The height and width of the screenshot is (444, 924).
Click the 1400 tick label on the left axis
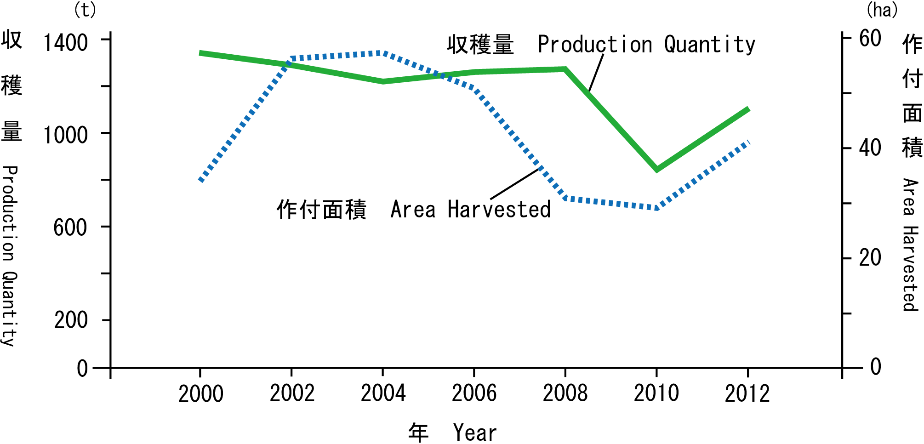point(65,43)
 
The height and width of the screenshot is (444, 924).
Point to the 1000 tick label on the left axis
point(65,135)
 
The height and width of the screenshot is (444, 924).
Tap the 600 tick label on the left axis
point(70,228)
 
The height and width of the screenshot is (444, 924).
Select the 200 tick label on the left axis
point(70,320)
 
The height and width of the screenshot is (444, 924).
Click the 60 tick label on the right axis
point(870,39)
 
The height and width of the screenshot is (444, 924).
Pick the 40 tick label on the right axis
point(870,148)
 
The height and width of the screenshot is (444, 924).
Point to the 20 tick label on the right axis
point(870,258)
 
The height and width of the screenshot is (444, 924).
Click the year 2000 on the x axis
point(200,394)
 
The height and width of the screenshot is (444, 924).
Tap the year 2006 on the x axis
point(474,393)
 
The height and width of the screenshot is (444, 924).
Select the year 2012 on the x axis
point(747,394)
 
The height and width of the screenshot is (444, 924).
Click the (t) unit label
point(85,10)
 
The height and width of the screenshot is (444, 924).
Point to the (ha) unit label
point(882,10)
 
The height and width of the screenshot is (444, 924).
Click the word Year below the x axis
point(475,433)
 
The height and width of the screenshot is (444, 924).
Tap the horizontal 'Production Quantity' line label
point(646,45)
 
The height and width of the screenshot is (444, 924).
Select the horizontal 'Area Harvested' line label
point(471,210)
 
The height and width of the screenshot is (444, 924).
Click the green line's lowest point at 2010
point(656,169)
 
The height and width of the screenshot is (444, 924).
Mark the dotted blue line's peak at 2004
point(382,53)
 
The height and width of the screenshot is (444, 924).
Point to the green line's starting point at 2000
point(200,53)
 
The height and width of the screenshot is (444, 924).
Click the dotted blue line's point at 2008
point(565,199)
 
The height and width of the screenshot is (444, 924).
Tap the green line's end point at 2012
point(748,109)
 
